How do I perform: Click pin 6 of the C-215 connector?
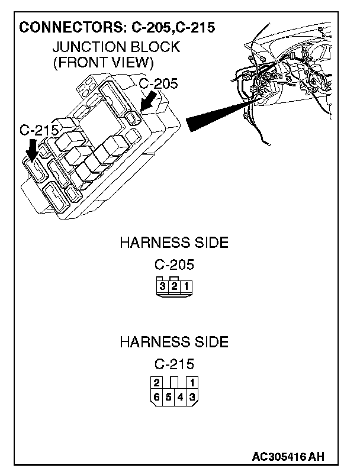pyautogui.click(x=156, y=396)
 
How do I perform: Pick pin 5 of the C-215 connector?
pyautogui.click(x=168, y=396)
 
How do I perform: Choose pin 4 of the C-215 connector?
pyautogui.click(x=180, y=396)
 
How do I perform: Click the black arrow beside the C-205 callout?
pyautogui.click(x=149, y=101)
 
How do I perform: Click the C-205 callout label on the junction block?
pyautogui.click(x=158, y=83)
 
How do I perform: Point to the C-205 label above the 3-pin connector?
pyautogui.click(x=174, y=265)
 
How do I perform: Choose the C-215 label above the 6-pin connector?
pyautogui.click(x=174, y=364)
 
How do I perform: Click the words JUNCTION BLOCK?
pyautogui.click(x=115, y=47)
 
